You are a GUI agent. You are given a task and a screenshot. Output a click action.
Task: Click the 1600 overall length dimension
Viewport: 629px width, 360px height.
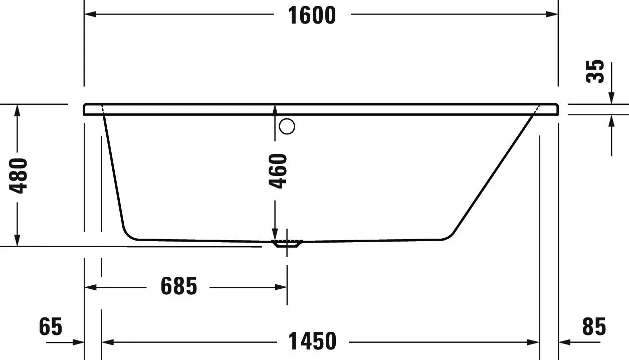[x=312, y=15]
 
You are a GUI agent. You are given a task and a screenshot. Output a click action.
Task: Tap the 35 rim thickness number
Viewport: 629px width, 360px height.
[x=595, y=71]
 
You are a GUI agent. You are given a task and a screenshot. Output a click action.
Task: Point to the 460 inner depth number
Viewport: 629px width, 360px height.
[x=279, y=171]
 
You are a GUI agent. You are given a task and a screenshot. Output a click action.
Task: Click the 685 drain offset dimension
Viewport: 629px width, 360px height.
[x=179, y=287]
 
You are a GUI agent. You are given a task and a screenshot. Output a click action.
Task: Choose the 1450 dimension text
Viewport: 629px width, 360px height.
[x=312, y=341]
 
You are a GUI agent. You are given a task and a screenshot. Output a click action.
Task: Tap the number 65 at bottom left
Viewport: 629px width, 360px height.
[x=50, y=326]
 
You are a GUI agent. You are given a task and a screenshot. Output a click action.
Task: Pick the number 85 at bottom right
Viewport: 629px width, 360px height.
[x=594, y=326]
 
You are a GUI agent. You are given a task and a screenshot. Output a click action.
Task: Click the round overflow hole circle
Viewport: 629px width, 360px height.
[x=287, y=126]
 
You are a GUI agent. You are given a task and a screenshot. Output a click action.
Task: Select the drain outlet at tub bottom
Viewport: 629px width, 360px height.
[x=287, y=244]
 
